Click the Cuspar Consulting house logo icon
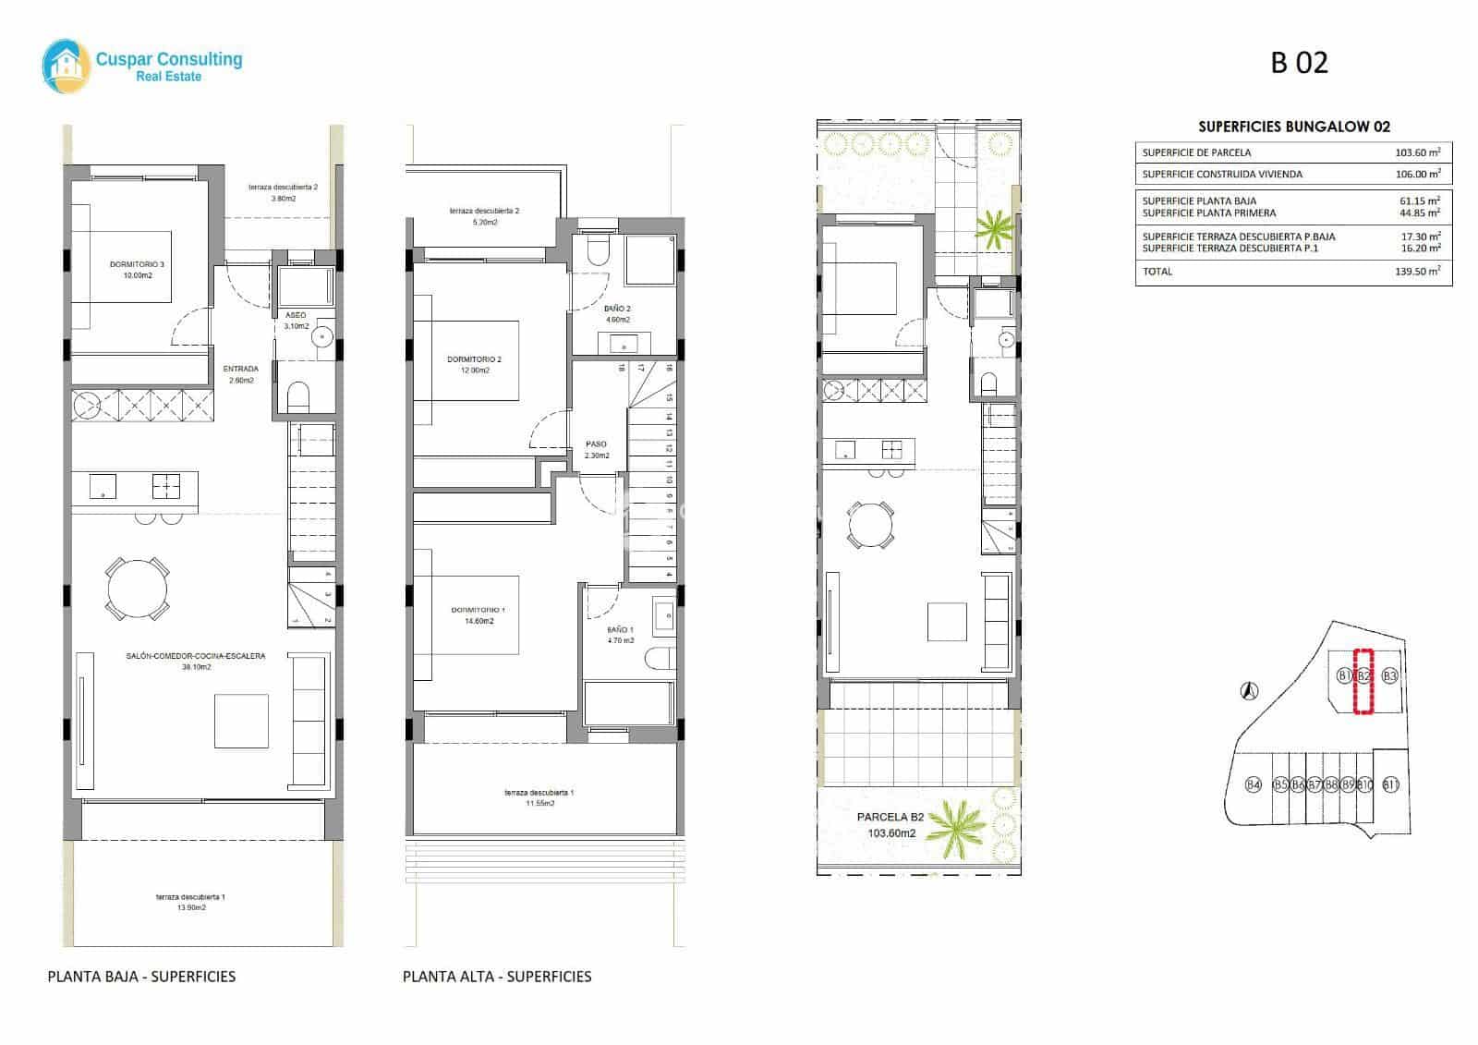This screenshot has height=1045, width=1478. click(67, 63)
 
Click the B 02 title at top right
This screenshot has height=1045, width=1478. click(1299, 63)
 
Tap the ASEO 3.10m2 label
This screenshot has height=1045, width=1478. click(296, 321)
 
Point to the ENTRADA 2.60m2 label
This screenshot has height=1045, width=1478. click(240, 374)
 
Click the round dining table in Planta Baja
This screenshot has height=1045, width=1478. click(138, 588)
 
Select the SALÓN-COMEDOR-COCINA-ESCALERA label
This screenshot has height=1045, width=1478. click(196, 662)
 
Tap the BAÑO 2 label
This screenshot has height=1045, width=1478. click(617, 314)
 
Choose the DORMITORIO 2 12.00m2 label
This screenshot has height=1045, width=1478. click(474, 365)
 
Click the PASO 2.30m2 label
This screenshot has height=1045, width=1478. click(596, 450)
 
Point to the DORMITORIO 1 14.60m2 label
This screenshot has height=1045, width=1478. click(478, 615)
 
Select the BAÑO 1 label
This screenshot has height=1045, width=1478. click(621, 635)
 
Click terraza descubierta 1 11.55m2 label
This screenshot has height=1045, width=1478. click(539, 797)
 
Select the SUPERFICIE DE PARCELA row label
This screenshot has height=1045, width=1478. click(1196, 152)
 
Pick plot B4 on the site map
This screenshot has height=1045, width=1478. click(1253, 785)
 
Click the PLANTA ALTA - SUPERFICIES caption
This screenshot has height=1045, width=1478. click(497, 976)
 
